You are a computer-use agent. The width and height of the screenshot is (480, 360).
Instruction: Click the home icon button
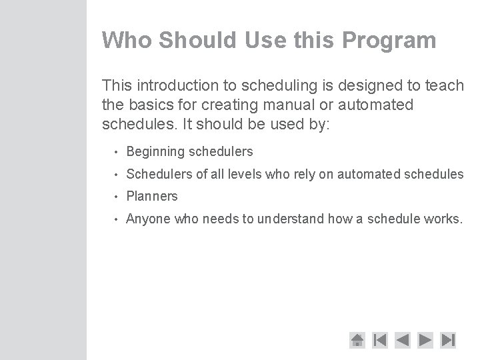click(x=357, y=340)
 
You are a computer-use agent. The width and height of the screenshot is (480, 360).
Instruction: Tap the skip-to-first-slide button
click(x=380, y=340)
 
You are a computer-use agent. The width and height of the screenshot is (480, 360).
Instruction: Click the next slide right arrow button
click(x=426, y=340)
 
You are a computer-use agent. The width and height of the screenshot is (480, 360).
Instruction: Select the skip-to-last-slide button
click(x=449, y=340)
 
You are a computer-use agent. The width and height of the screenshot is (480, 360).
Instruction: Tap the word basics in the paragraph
click(x=147, y=105)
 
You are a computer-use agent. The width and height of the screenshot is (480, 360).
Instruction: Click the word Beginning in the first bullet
click(x=155, y=152)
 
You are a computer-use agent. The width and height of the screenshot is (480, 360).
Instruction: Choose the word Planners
click(x=152, y=196)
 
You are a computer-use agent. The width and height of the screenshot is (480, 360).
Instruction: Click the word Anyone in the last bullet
click(x=148, y=219)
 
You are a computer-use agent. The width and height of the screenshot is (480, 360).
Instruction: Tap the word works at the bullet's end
click(x=443, y=219)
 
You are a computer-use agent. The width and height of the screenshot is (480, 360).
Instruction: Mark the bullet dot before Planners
click(x=115, y=197)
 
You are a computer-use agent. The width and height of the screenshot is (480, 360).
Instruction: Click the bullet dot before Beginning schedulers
click(x=115, y=152)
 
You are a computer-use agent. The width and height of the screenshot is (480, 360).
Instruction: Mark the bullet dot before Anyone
click(x=115, y=219)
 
